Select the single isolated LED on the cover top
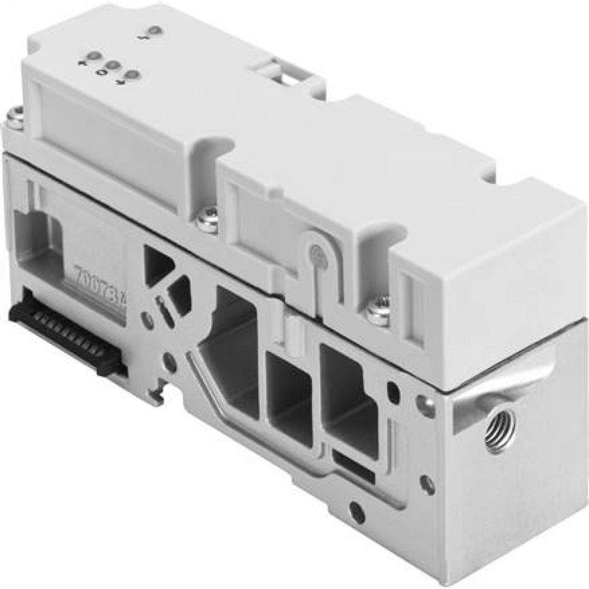(x=155, y=31)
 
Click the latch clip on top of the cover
(x=282, y=77)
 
